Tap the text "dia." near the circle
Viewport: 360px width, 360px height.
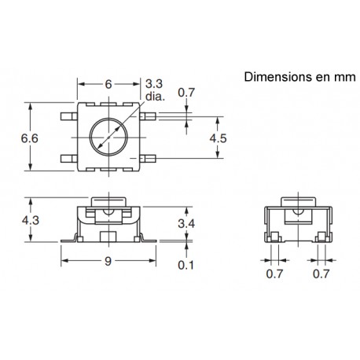tap(154, 96)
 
